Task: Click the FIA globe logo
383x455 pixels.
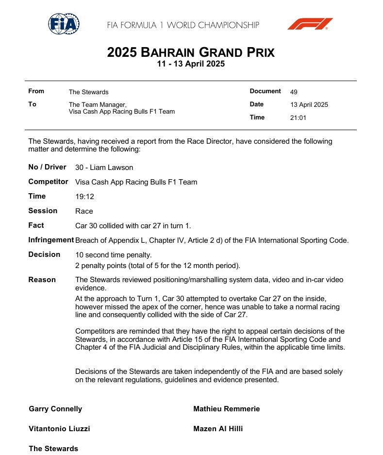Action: (x=64, y=24)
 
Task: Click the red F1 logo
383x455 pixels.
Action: (x=310, y=24)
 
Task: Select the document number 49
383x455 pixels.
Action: (x=294, y=92)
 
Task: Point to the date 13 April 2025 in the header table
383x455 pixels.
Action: (x=309, y=104)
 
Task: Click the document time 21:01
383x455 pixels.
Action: (x=298, y=118)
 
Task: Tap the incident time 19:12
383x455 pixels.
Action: (x=84, y=197)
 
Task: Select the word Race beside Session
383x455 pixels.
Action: (x=84, y=211)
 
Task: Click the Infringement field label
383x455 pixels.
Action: (x=51, y=240)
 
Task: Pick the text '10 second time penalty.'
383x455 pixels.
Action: (x=113, y=255)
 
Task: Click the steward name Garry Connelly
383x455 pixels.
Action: (x=55, y=409)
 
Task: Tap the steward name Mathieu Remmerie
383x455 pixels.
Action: (x=226, y=409)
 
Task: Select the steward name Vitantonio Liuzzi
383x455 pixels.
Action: (x=59, y=429)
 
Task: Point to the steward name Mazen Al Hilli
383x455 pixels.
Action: (x=218, y=429)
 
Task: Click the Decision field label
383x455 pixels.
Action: (x=44, y=254)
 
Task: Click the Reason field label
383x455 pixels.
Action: (x=42, y=280)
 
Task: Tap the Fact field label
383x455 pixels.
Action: (x=36, y=225)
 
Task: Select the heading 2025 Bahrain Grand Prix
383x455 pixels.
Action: (x=191, y=52)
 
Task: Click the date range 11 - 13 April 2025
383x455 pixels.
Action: (x=191, y=64)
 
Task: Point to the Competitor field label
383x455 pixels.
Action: (x=48, y=182)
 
